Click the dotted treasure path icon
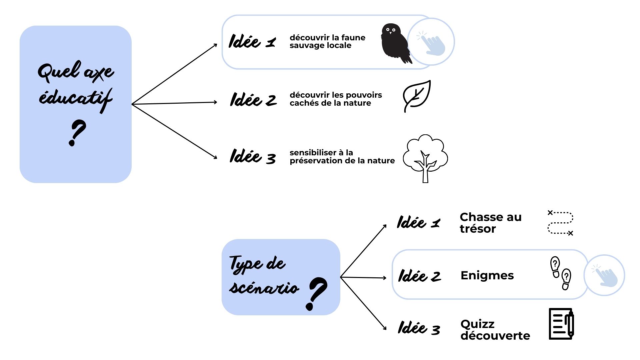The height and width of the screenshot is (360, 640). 560,223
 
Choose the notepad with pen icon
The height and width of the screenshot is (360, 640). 561,324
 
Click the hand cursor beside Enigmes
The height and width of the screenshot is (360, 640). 605,276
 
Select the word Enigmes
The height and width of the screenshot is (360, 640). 487,275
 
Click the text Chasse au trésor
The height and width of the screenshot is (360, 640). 490,223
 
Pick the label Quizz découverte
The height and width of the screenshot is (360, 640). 495,330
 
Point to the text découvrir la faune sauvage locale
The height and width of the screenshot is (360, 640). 327,41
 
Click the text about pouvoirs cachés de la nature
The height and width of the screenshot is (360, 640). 335,99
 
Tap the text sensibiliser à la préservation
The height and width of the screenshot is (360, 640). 342,157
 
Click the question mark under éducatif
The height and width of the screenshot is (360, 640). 77,133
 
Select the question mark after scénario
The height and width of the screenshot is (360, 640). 316,293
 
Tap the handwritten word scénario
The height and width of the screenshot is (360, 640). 264,287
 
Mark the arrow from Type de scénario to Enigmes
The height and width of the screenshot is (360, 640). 363,277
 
